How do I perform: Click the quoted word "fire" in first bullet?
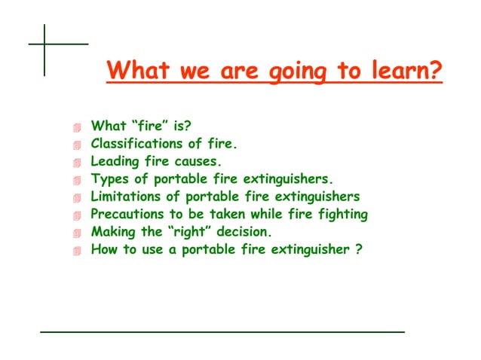tap(149, 125)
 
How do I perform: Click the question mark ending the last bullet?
tap(357, 250)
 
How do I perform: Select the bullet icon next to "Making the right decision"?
tap(75, 234)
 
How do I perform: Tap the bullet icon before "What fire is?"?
tap(75, 127)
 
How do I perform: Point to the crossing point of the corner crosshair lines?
tap(44, 44)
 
